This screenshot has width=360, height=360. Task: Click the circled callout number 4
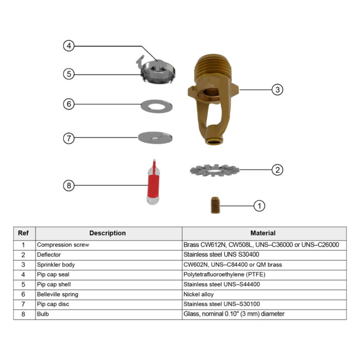[69, 46]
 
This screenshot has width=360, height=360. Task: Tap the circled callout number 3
[277, 89]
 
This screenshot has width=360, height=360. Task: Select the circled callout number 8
[69, 185]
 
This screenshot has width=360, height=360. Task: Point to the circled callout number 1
[260, 206]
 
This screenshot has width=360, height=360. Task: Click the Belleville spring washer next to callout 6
[156, 106]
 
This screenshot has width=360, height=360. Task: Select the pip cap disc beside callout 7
[155, 137]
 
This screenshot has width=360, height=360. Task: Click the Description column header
[107, 233]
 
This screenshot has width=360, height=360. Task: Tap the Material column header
[263, 233]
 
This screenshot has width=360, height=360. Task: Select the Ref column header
[23, 233]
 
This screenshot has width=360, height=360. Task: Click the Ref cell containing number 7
[23, 304]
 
